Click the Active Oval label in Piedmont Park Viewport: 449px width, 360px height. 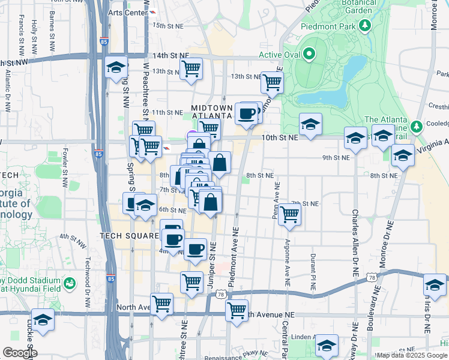point(279,55)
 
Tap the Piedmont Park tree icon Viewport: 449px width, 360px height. point(364,25)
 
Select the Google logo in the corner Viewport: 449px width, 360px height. point(20,353)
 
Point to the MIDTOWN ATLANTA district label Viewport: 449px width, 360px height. point(211,111)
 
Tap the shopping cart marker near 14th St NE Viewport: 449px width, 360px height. point(191,69)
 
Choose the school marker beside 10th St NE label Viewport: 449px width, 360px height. point(310,125)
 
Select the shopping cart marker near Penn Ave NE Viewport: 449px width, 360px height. point(290,214)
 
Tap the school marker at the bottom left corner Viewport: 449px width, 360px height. point(43,320)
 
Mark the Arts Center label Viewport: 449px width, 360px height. point(127,13)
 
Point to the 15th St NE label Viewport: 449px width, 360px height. point(167,26)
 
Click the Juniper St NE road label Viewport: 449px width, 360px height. point(211,264)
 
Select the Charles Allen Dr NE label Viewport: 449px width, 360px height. point(355,243)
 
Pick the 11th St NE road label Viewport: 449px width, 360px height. point(167,112)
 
